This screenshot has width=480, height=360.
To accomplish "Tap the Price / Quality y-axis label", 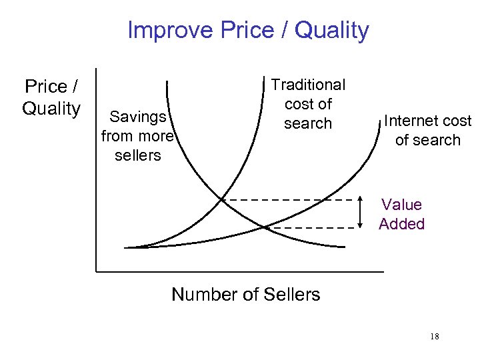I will (x=51, y=97).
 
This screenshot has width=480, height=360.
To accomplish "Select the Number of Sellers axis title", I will (x=245, y=294).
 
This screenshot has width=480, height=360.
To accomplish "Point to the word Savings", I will (x=138, y=117).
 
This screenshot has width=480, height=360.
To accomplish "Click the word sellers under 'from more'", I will (x=138, y=155).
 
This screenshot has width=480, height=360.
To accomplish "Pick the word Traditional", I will (x=308, y=85).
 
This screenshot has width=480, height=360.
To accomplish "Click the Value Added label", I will (x=401, y=214).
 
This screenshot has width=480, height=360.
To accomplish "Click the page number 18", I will (x=435, y=336).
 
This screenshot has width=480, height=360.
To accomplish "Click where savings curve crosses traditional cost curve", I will (x=222, y=199).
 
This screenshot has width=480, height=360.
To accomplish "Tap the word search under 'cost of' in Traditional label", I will (x=307, y=123).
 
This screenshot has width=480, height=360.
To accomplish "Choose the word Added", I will (x=401, y=223).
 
